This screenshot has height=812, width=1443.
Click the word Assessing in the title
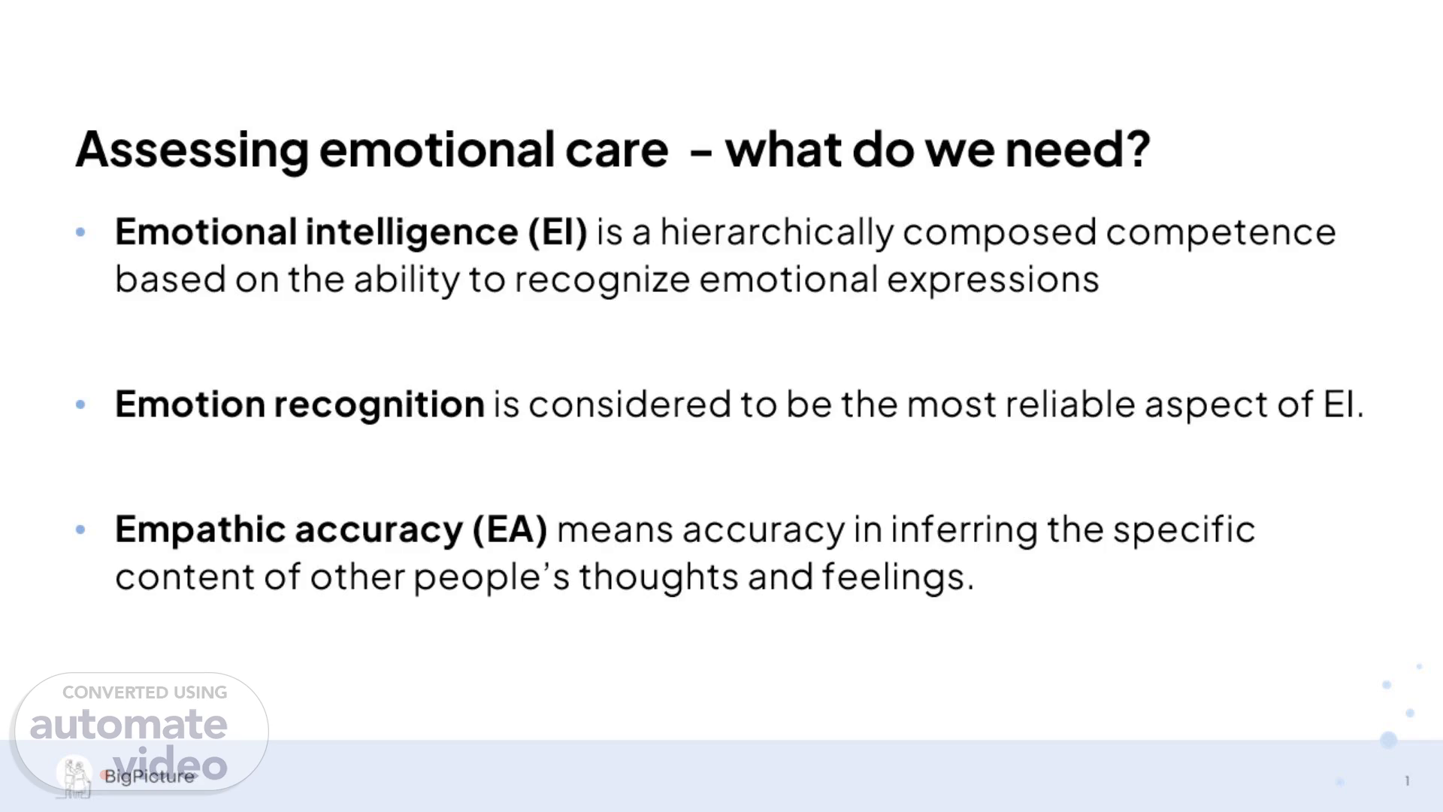pos(192,150)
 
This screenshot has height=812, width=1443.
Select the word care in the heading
pos(616,150)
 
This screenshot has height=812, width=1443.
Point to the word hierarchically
pos(777,232)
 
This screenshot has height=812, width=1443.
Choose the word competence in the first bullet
pos(1221,232)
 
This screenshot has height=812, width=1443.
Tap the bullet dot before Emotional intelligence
pos(80,232)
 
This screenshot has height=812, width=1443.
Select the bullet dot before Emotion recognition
pos(80,404)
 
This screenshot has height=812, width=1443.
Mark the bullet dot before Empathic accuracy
pos(80,530)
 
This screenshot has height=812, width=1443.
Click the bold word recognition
pos(379,405)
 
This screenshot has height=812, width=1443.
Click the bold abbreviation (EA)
pos(510,530)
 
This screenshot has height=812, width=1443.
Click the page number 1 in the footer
pos(1407,781)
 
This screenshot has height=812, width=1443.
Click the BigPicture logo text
pos(149,777)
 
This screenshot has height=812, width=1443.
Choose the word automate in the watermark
pos(128,725)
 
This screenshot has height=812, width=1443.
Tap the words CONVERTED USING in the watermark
pos(144,692)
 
